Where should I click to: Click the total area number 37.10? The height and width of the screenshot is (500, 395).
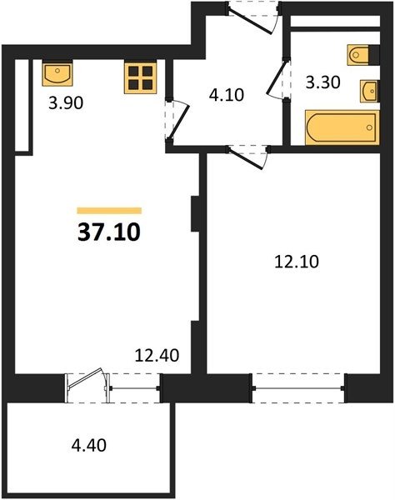click(108, 232)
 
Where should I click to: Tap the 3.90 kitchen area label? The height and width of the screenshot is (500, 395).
click(66, 103)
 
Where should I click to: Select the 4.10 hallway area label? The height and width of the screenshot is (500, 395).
click(227, 95)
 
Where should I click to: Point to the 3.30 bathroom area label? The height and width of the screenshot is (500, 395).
click(323, 82)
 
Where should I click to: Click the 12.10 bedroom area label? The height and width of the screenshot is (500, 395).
click(297, 262)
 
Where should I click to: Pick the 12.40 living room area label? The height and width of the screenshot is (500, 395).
click(157, 355)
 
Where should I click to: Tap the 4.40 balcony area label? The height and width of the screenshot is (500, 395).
click(88, 445)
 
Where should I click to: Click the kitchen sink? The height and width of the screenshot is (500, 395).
click(57, 73)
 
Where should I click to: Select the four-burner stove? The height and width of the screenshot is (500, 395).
click(141, 77)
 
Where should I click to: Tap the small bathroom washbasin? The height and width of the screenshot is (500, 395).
click(370, 91)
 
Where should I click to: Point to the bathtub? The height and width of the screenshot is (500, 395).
click(342, 127)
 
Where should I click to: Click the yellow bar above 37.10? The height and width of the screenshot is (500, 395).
click(109, 211)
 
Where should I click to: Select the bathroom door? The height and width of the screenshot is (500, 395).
click(277, 78)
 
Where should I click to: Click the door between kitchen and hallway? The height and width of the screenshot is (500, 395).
click(177, 118)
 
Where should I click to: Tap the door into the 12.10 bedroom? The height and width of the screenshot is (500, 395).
click(247, 157)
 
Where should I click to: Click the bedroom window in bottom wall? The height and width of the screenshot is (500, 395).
click(298, 388)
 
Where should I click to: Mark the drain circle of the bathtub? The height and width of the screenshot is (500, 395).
click(369, 127)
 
